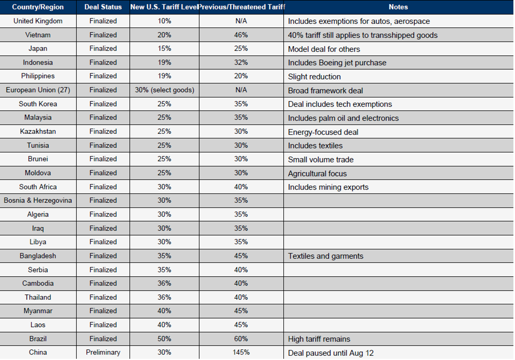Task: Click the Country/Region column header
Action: point(38,7)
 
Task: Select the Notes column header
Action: point(398,7)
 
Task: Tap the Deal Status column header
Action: point(103,7)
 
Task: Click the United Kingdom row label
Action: point(38,21)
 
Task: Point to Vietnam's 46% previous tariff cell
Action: point(241,35)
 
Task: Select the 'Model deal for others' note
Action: point(324,49)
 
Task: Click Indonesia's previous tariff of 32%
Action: point(241,63)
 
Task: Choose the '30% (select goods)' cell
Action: point(164,90)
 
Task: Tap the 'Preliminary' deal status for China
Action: point(103,352)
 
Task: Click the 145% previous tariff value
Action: point(241,352)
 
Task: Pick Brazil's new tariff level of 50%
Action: point(164,339)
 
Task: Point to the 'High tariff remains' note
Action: point(319,339)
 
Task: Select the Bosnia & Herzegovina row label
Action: point(38,201)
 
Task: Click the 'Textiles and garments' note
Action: point(326,256)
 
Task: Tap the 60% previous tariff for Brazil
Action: point(241,339)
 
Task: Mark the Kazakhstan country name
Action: point(38,131)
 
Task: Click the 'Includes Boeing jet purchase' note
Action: point(337,63)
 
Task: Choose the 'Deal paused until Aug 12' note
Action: point(331,353)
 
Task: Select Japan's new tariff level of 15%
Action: point(164,49)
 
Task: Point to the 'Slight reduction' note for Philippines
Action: point(314,76)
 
